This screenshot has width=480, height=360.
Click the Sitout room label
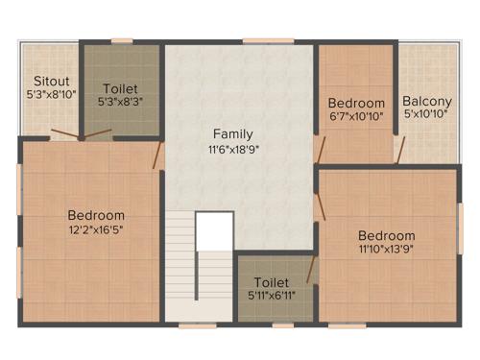(x=49, y=81)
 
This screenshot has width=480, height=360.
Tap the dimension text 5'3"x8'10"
(x=49, y=95)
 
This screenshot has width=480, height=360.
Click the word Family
(x=233, y=133)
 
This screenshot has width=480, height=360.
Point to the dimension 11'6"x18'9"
(x=233, y=150)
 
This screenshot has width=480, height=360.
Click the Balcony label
(x=427, y=101)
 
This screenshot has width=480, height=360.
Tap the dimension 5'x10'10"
(x=427, y=116)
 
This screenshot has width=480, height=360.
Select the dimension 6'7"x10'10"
(x=356, y=117)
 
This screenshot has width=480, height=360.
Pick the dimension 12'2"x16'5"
(x=95, y=230)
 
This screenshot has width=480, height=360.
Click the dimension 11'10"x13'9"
(x=387, y=251)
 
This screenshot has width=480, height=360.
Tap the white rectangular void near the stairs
(x=215, y=230)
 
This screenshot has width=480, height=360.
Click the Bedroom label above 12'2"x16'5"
(x=95, y=215)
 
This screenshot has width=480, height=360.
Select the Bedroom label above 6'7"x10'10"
(x=356, y=103)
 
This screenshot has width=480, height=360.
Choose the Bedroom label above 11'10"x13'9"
(x=387, y=235)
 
